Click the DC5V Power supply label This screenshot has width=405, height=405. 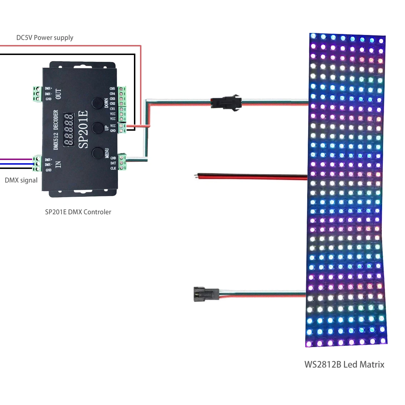click(45, 37)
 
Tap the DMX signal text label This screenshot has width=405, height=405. click(21, 180)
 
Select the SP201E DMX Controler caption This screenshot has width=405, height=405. click(78, 212)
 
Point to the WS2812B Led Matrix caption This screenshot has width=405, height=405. click(344, 365)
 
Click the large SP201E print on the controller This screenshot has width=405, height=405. click(83, 129)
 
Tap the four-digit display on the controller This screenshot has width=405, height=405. click(69, 130)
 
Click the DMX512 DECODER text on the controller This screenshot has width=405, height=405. click(56, 130)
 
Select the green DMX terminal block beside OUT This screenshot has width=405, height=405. click(37, 94)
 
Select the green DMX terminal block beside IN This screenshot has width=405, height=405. click(37, 164)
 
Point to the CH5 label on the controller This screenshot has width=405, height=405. click(112, 89)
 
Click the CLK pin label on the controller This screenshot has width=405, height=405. click(113, 168)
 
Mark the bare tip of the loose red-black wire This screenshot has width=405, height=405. click(195, 175)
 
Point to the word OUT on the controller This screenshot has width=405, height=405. click(59, 94)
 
